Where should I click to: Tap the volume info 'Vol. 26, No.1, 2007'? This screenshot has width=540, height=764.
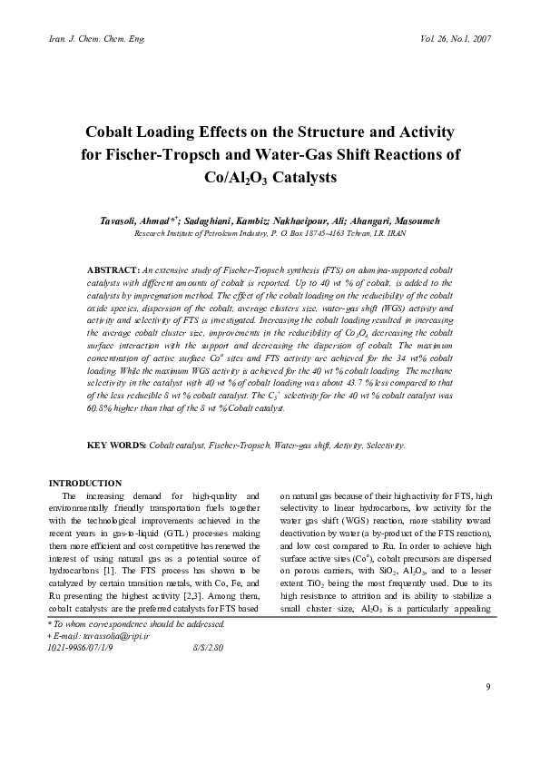point(457,39)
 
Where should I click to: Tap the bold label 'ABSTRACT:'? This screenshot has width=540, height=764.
point(112,270)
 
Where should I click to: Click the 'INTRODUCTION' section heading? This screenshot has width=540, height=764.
point(86,483)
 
